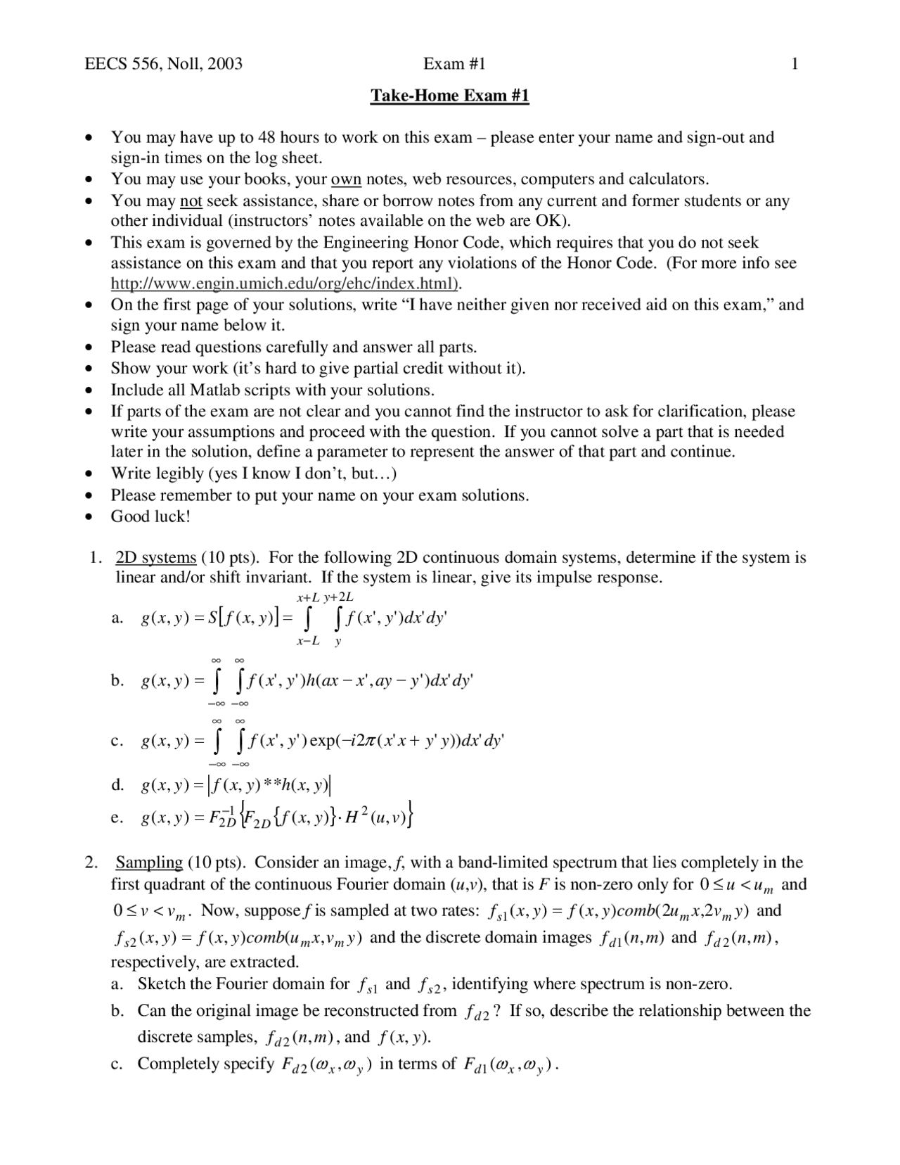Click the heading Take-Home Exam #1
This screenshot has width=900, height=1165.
pyautogui.click(x=449, y=95)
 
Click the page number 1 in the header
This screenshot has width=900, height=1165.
pyautogui.click(x=795, y=64)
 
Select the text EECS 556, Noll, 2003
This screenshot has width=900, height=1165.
pyautogui.click(x=163, y=64)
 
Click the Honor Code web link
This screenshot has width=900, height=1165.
pyautogui.click(x=286, y=284)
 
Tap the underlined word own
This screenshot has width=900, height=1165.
pyautogui.click(x=346, y=179)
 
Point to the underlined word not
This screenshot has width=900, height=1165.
pyautogui.click(x=191, y=201)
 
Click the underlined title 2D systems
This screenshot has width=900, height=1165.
pyautogui.click(x=155, y=558)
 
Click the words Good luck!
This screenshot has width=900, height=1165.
pyautogui.click(x=150, y=516)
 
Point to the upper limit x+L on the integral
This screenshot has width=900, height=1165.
pyautogui.click(x=308, y=598)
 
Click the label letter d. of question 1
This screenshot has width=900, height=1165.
pyautogui.click(x=117, y=784)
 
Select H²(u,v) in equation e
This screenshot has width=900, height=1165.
pyautogui.click(x=380, y=817)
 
